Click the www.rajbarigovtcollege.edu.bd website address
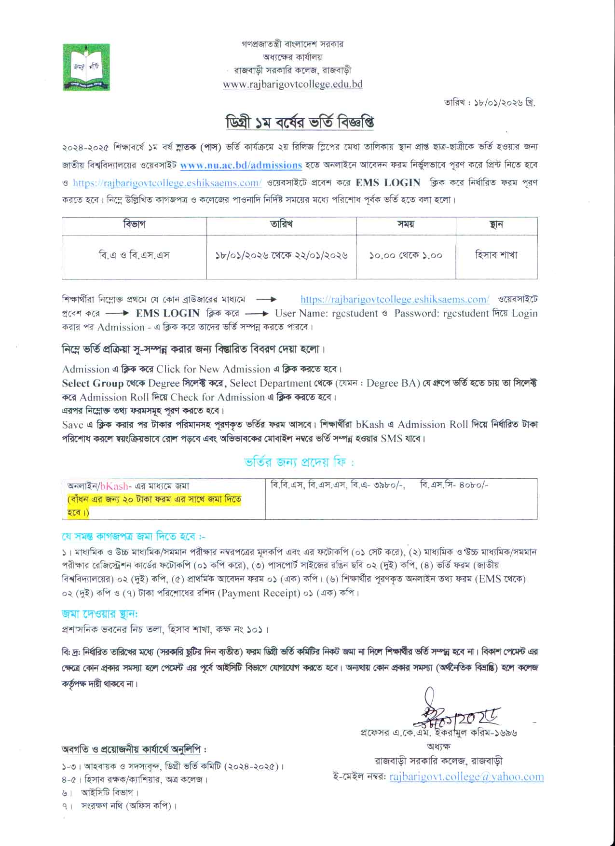[x=292, y=84]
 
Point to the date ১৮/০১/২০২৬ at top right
[x=497, y=103]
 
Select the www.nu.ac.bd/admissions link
[x=241, y=165]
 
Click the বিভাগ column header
[x=134, y=224]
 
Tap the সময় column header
[x=406, y=224]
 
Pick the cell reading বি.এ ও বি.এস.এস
[x=134, y=255]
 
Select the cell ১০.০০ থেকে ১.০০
[x=406, y=255]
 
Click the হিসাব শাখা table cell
[x=496, y=255]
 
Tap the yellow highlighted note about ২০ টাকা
[x=154, y=505]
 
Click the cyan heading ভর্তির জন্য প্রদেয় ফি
[x=299, y=462]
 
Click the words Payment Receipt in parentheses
[x=258, y=593]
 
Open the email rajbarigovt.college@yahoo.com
[x=466, y=777]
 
